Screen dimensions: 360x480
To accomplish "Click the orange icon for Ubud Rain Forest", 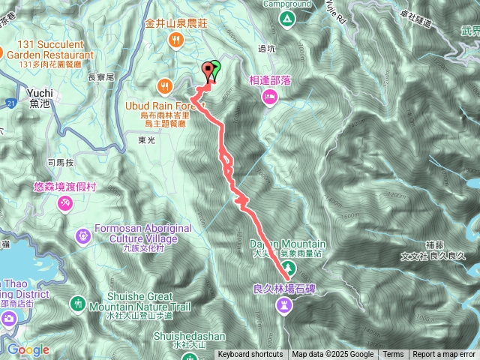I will pos(165,84).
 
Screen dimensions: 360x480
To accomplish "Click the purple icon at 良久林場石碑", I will pos(284,304).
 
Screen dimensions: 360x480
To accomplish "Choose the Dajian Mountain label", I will pos(288,244).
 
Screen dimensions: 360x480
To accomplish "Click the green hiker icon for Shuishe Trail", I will pos(79,304).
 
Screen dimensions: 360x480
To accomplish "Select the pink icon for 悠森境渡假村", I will pos(66,203).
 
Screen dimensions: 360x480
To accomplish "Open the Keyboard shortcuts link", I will pos(250,355).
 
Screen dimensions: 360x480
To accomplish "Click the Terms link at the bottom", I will pos(393,355).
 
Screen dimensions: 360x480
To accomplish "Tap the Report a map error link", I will pos(445,355).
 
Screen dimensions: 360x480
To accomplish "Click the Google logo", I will pos(28,349).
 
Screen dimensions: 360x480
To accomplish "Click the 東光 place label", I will pos(146,139).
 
